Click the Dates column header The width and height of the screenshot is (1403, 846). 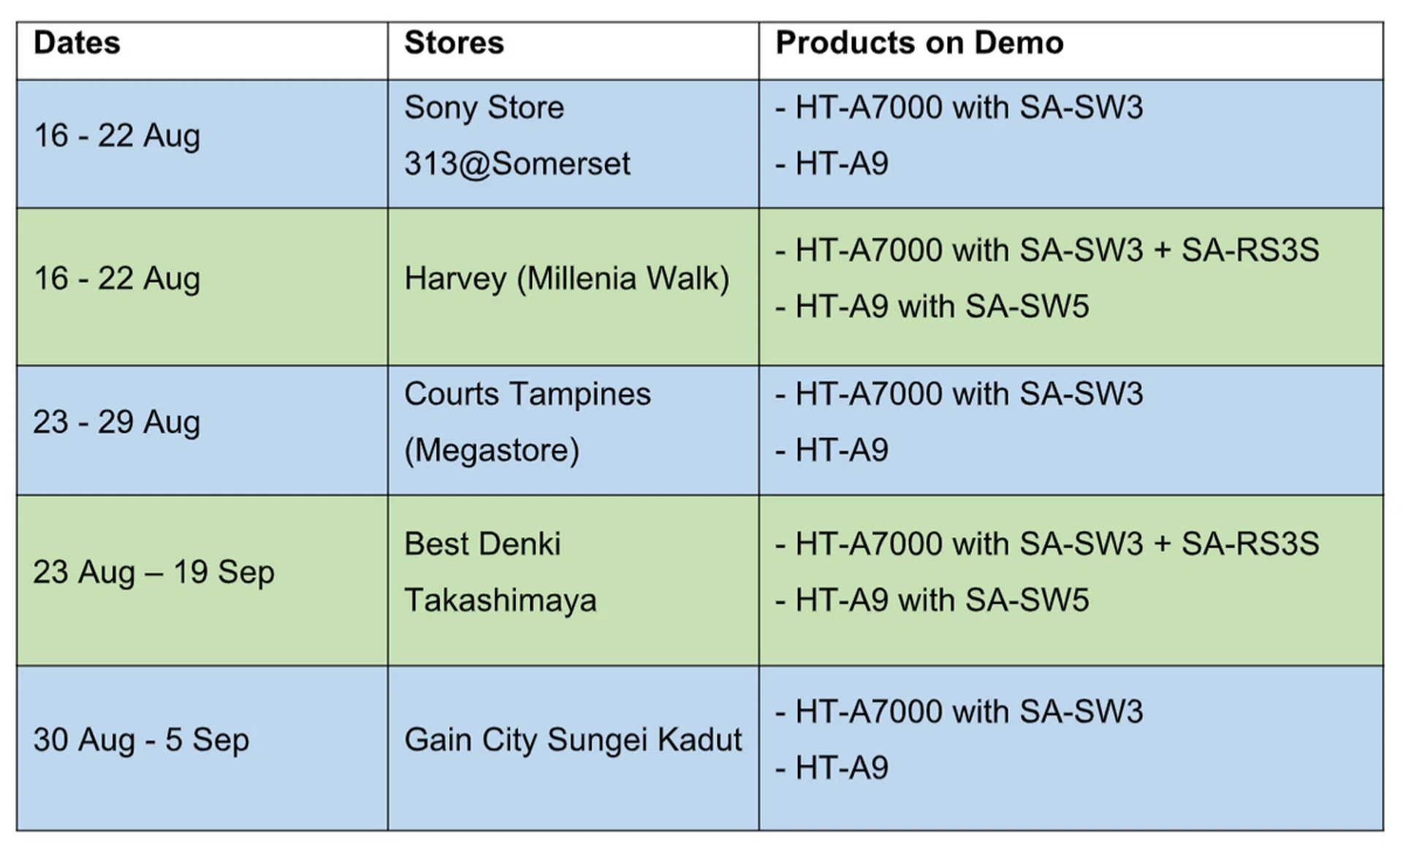click(77, 42)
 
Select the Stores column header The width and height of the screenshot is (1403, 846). click(454, 42)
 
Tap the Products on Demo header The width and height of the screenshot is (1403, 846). click(919, 42)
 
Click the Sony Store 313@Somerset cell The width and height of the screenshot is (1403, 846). click(517, 135)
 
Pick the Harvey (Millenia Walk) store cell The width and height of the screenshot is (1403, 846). click(566, 279)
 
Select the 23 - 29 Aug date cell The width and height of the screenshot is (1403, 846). click(117, 423)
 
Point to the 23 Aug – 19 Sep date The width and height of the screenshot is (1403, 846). click(153, 573)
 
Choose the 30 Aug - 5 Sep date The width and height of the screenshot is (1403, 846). click(141, 740)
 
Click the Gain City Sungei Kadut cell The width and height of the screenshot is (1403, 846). click(573, 740)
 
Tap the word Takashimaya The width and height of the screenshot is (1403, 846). click(501, 600)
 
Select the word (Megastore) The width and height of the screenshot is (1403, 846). click(492, 450)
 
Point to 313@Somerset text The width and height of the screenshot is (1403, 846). click(517, 164)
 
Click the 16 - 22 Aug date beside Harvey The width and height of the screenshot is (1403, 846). click(117, 279)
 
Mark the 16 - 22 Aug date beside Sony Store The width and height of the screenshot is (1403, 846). click(117, 136)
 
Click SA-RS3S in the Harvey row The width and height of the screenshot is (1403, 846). click(1250, 250)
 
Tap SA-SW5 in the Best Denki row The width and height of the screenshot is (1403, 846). click(1027, 600)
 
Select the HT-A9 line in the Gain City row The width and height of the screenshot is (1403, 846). click(832, 768)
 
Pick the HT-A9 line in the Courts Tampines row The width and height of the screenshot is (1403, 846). click(832, 450)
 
